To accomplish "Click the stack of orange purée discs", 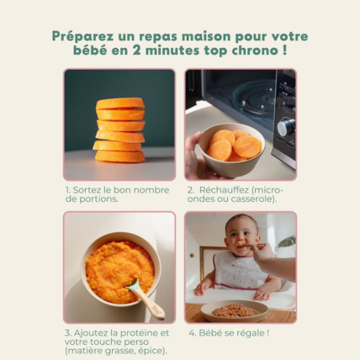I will point(119,130).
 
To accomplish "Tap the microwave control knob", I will point(286,127).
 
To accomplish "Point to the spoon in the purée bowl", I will point(142,298).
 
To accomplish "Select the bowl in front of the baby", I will point(235,310).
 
